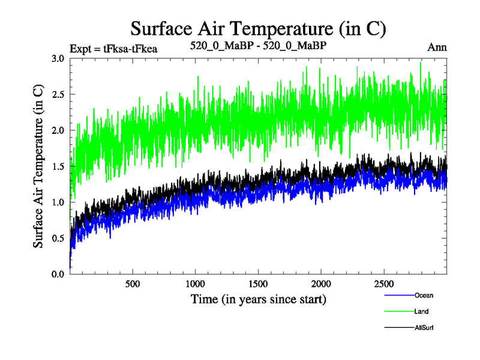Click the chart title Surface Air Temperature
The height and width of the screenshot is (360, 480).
(258, 28)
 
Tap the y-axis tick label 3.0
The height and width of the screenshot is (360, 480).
(58, 58)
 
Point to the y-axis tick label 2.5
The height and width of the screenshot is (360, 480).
(58, 94)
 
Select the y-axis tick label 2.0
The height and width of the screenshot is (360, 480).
(58, 130)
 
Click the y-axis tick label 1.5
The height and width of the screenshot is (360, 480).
(58, 166)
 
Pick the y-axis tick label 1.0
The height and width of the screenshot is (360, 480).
(58, 202)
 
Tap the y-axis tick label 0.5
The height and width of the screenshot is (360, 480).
(58, 238)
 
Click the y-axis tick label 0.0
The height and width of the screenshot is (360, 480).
(58, 274)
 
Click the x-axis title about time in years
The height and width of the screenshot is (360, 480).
(259, 298)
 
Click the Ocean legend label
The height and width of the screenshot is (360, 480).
(424, 295)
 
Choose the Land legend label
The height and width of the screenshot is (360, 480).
(421, 311)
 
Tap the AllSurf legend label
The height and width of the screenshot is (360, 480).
(424, 328)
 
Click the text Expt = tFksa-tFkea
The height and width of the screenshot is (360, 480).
(113, 49)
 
